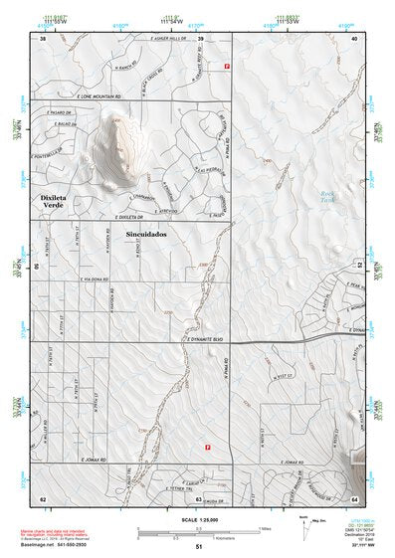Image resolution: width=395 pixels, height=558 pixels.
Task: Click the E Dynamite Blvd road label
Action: [x=207, y=339]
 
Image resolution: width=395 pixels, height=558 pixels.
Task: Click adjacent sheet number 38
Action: [x=43, y=38]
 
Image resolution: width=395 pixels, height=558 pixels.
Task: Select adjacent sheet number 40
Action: [x=354, y=38]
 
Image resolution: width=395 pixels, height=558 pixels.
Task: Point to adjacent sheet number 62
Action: [x=43, y=497]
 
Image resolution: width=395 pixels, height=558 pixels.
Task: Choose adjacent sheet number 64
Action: [x=354, y=497]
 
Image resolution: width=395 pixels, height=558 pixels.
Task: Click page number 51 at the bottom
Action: [x=199, y=547]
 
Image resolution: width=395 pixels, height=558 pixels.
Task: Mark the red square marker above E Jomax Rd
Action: [x=207, y=448]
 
